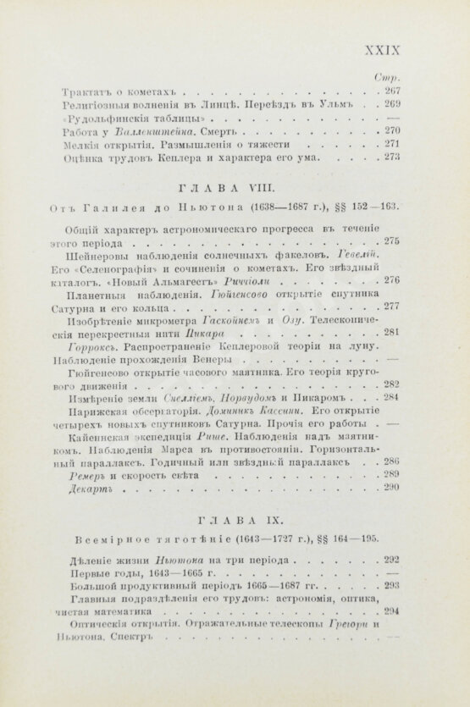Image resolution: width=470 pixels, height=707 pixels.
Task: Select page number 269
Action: (x=391, y=104)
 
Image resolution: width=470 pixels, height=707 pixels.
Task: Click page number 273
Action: (x=391, y=157)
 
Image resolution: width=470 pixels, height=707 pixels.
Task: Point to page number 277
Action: (x=391, y=307)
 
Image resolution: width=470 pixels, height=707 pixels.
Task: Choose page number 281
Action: (x=391, y=333)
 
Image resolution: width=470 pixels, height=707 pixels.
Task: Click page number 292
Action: (x=391, y=560)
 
